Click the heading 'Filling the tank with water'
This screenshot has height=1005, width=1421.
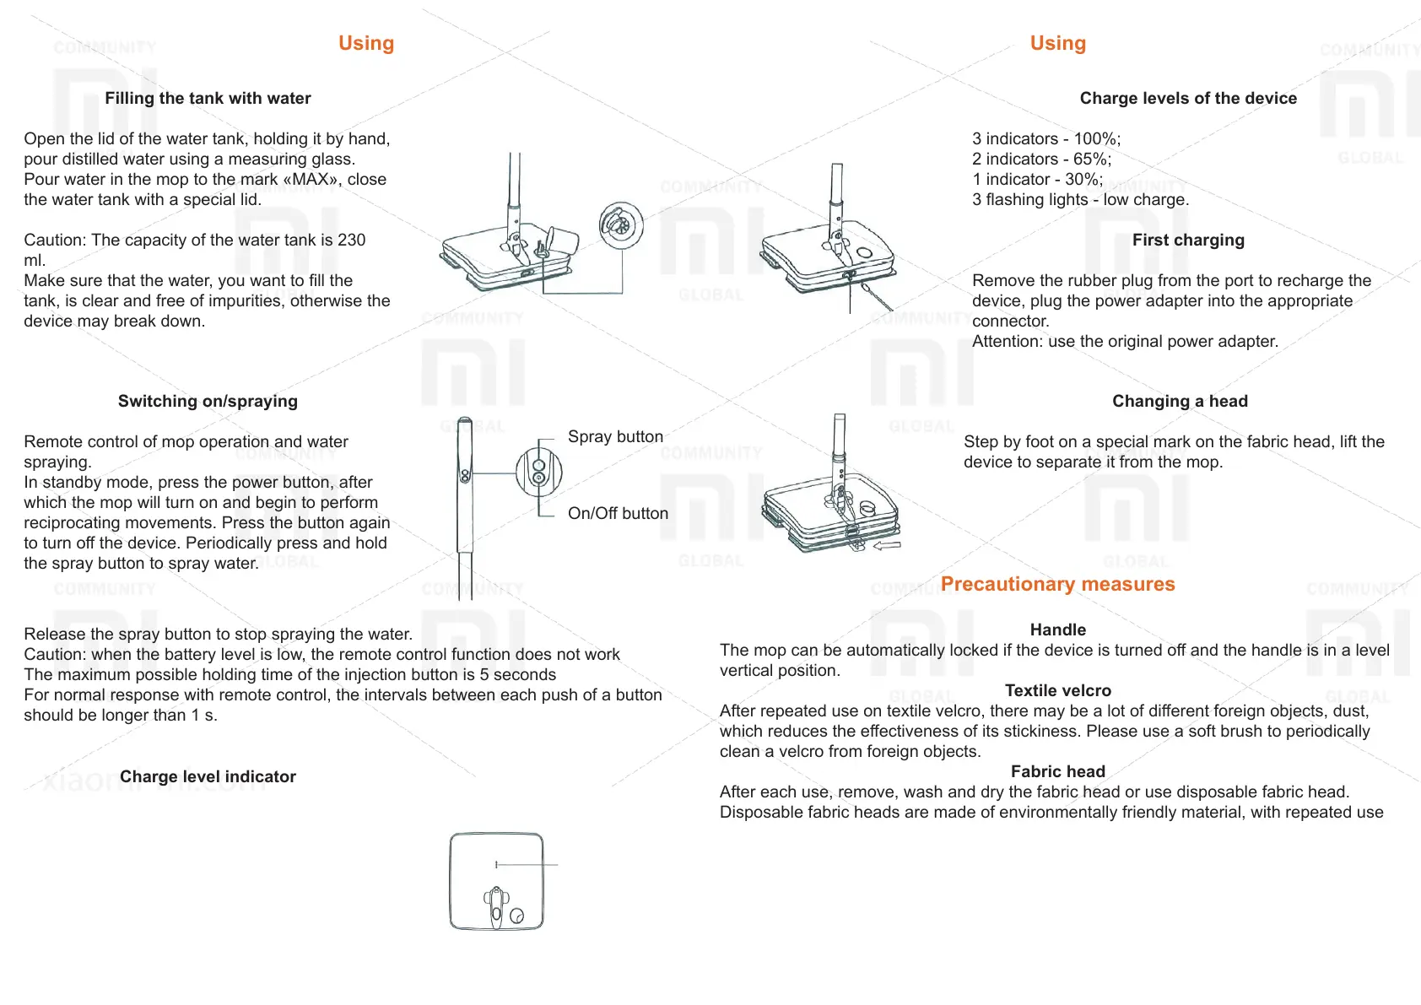tap(208, 99)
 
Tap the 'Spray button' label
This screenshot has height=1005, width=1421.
tap(615, 437)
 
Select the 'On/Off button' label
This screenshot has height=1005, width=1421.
tap(618, 514)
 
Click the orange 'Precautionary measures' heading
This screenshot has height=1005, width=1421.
tap(1057, 585)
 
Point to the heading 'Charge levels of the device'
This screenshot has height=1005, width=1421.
tap(1188, 99)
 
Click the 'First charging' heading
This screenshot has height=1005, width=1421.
tap(1188, 240)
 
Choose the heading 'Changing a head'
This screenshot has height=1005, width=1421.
tap(1180, 402)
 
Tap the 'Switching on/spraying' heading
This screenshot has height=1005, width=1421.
tap(208, 402)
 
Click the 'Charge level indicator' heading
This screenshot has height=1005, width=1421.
tap(208, 777)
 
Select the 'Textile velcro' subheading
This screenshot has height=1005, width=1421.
tap(1057, 691)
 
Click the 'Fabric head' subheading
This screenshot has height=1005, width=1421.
tap(1057, 772)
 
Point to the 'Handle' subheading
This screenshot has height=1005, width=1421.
tap(1057, 630)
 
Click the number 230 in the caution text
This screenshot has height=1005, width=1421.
tap(351, 240)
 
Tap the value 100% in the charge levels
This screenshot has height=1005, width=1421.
tap(1096, 139)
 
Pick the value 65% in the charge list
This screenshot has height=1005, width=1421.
tap(1091, 159)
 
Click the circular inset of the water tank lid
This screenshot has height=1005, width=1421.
tap(621, 225)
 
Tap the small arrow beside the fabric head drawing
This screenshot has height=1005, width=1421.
tap(887, 546)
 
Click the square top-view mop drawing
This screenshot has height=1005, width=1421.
tap(496, 882)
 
